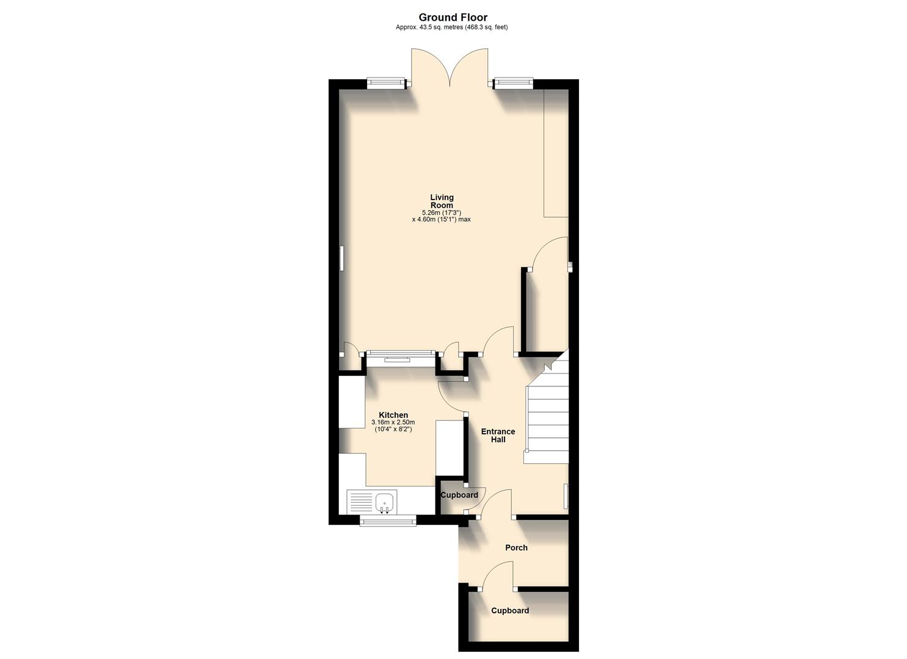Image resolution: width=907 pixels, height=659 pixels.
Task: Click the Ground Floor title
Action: [x=453, y=18]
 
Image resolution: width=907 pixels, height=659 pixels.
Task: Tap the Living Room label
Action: [x=442, y=201]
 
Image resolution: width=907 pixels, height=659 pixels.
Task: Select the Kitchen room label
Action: [x=393, y=415]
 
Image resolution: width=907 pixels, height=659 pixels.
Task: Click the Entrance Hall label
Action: [x=498, y=435]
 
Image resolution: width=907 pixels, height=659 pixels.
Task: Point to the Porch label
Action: [x=516, y=547]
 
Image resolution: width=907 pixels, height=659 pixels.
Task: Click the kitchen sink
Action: [x=385, y=502]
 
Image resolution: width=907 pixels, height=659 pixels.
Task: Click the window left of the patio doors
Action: [x=386, y=83]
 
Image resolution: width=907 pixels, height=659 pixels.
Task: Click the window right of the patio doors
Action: [x=513, y=83]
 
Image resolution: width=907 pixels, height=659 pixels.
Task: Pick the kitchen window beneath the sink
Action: [x=388, y=520]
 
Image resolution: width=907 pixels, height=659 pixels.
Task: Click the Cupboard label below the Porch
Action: [x=510, y=610]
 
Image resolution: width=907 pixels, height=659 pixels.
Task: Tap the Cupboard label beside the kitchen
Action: [x=459, y=495]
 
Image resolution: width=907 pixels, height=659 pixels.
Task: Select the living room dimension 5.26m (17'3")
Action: [x=441, y=212]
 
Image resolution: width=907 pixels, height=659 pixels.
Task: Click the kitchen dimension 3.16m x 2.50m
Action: [x=393, y=422]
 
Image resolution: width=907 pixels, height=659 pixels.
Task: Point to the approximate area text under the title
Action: [x=452, y=27]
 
